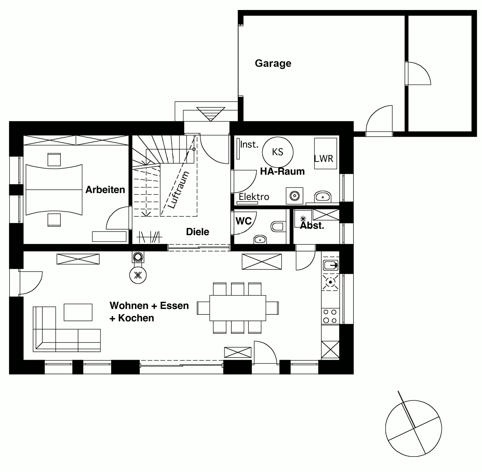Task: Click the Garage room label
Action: [273, 63]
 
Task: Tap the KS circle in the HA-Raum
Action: [278, 152]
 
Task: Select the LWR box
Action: [325, 153]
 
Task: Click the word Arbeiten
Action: [105, 190]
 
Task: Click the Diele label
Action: [198, 232]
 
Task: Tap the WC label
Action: [244, 221]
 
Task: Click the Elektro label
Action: [254, 197]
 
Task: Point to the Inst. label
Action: [249, 145]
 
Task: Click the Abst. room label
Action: [312, 225]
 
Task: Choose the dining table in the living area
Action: [238, 308]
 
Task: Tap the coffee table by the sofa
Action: [78, 312]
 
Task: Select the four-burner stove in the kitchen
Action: [330, 316]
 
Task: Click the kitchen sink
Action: [330, 265]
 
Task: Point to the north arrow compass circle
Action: [414, 428]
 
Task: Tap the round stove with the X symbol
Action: [138, 275]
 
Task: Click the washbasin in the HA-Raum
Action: [323, 196]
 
